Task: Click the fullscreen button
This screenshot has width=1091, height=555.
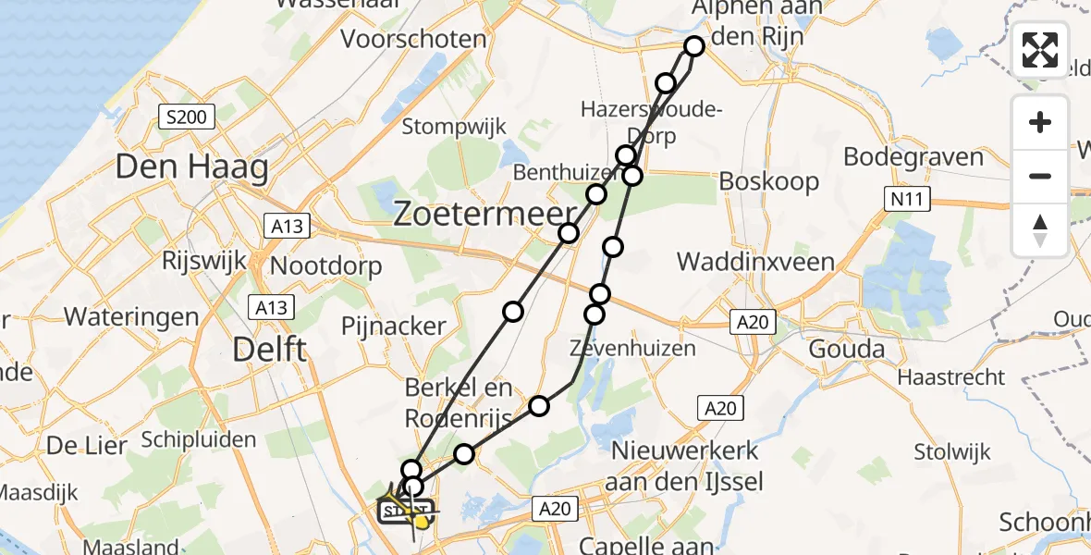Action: click(x=1040, y=50)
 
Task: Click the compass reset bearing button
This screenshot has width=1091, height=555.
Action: click(x=1040, y=230)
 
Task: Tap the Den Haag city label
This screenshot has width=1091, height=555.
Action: click(x=191, y=167)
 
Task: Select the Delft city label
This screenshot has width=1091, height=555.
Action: click(x=269, y=350)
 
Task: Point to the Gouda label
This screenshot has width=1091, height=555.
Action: click(x=846, y=350)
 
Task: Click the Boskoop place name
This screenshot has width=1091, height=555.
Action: click(x=769, y=180)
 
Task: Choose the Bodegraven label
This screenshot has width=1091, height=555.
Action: click(x=913, y=156)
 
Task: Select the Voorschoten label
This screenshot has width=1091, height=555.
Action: click(x=414, y=40)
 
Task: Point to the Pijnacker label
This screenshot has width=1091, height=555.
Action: click(x=394, y=327)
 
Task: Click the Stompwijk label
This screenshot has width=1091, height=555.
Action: click(x=454, y=127)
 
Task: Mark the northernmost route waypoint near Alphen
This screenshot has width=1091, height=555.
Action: click(x=694, y=45)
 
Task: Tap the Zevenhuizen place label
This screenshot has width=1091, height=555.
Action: click(x=632, y=349)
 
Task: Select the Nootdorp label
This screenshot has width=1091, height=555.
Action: click(x=325, y=266)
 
